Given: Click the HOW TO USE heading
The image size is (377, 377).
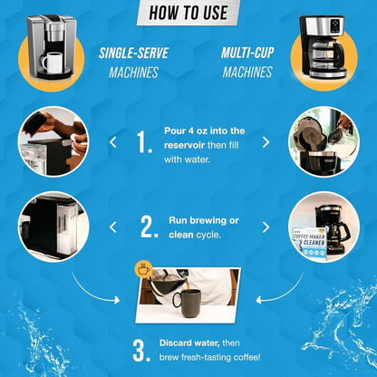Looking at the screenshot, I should (188, 13).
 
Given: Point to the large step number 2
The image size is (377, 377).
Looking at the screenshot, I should (149, 227).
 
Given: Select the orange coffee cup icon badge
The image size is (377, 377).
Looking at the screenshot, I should (144, 268).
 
